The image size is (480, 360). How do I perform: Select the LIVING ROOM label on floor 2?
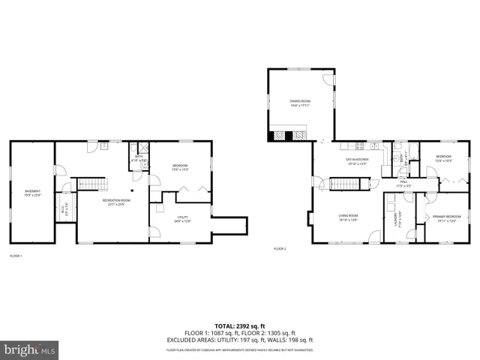347,218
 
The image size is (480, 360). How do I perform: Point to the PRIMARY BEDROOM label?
446,218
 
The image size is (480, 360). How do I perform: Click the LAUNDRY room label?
394,219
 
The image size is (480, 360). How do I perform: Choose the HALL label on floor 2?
403,183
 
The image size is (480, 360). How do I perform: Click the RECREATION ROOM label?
116,202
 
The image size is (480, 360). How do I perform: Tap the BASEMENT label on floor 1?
32,193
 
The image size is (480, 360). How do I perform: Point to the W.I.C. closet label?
65,211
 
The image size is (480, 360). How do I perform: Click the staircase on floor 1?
94,185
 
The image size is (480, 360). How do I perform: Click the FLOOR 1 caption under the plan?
16,256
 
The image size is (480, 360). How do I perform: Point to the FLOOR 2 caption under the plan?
280,249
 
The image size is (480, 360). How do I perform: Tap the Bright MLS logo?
30,349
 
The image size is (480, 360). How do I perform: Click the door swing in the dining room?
328,79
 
